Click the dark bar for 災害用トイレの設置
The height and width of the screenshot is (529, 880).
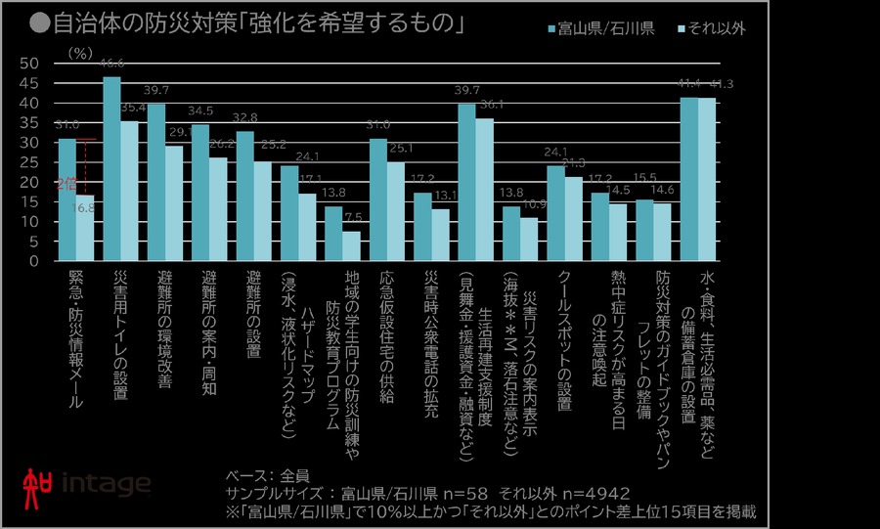pyautogui.click(x=111, y=169)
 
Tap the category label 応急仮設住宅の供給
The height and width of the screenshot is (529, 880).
pyautogui.click(x=388, y=337)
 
